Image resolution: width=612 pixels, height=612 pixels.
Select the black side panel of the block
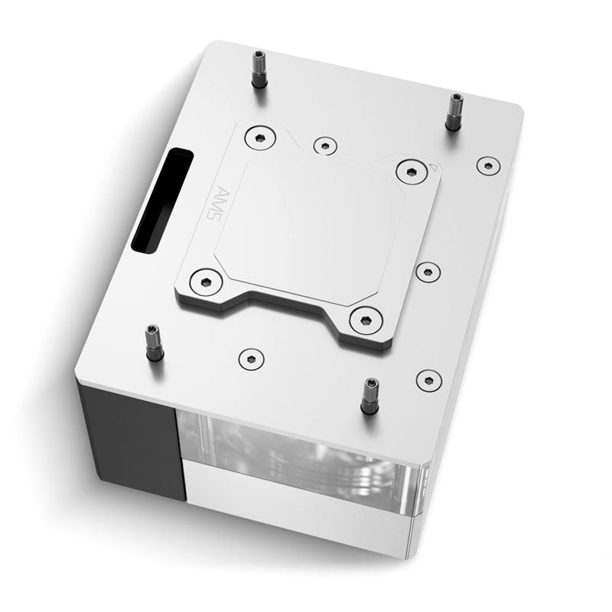(x=130, y=444)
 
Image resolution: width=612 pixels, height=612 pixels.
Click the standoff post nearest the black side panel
(x=152, y=343)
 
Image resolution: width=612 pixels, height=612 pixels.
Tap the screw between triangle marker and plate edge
(x=487, y=164)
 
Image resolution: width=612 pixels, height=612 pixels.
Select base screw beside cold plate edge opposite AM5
(x=427, y=270)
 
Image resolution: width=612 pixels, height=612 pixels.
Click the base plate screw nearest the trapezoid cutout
(x=249, y=357)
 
